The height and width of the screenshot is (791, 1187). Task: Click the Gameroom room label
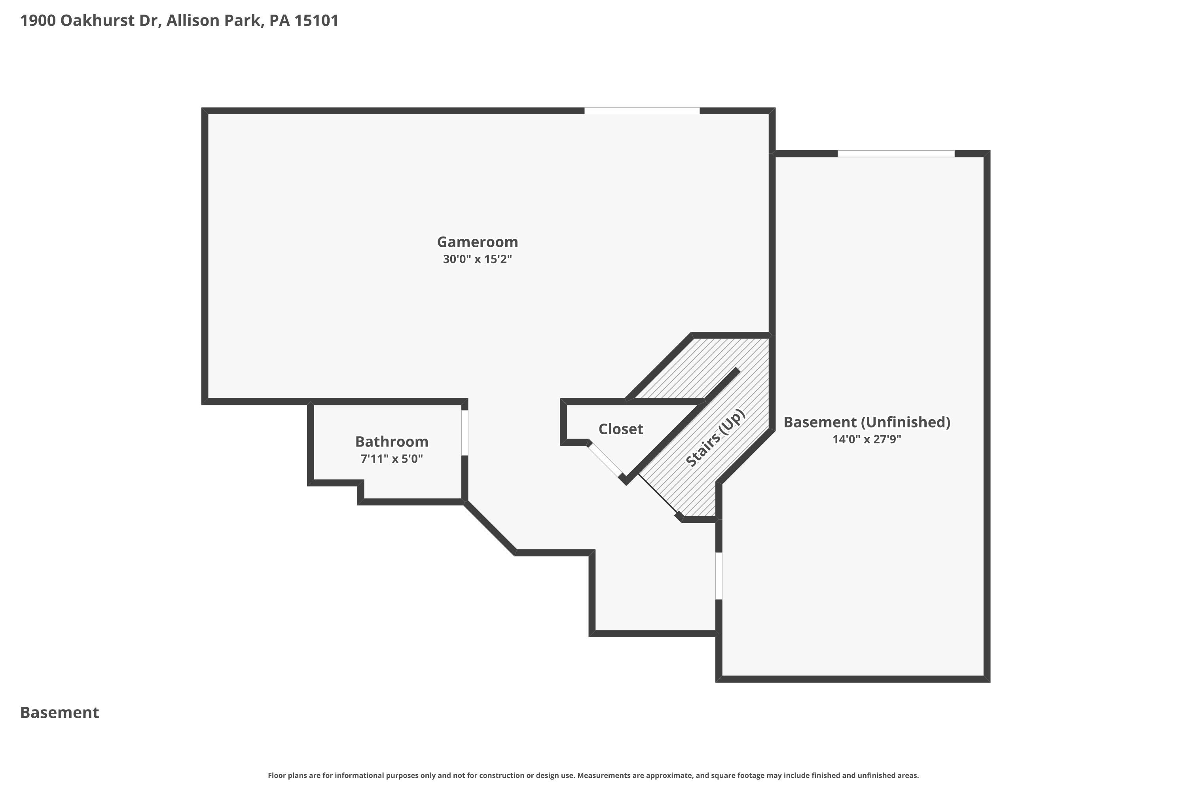pos(478,242)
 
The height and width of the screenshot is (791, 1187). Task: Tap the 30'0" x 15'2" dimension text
pos(478,259)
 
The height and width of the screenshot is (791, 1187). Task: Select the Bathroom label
pos(392,442)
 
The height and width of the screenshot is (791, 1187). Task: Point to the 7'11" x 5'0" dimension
pos(392,459)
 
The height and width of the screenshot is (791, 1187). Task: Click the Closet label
pos(621,429)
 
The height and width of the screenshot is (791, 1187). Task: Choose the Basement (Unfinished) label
pos(867,422)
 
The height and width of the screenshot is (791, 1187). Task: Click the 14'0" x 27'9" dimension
pos(867,439)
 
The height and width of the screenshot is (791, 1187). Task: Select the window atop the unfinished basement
pos(896,154)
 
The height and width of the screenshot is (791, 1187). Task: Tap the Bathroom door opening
pos(465,433)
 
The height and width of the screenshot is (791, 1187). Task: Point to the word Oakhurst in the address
pos(92,21)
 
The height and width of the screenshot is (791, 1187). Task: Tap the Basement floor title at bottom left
pos(60,713)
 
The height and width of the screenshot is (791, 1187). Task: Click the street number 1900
pos(38,21)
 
